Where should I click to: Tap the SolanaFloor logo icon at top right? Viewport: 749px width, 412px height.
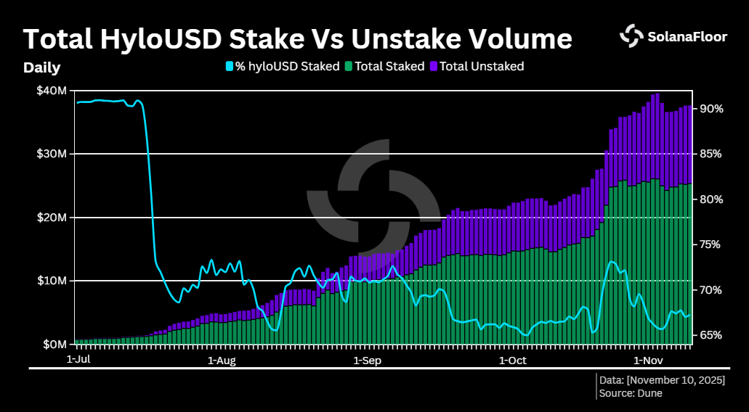(631, 36)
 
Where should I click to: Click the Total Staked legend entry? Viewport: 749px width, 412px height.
(384, 66)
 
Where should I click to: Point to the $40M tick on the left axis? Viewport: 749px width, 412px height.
(52, 91)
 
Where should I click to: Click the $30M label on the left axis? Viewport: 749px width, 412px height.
(52, 154)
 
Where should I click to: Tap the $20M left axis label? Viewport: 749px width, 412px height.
(52, 218)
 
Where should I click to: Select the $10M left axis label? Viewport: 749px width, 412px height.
(52, 281)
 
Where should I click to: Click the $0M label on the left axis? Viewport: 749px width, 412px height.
(54, 344)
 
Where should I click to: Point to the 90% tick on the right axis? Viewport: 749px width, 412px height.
(710, 109)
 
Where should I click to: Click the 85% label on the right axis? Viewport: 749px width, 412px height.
(710, 154)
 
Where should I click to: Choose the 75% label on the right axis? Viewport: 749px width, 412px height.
(710, 244)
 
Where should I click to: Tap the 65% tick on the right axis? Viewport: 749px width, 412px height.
(710, 335)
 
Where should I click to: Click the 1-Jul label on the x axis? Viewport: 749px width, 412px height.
(78, 359)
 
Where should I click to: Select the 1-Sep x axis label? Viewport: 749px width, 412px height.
(367, 359)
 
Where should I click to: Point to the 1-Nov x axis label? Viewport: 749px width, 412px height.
(648, 359)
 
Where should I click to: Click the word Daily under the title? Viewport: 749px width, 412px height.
(41, 68)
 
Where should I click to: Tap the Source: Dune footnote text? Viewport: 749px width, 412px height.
(631, 393)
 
